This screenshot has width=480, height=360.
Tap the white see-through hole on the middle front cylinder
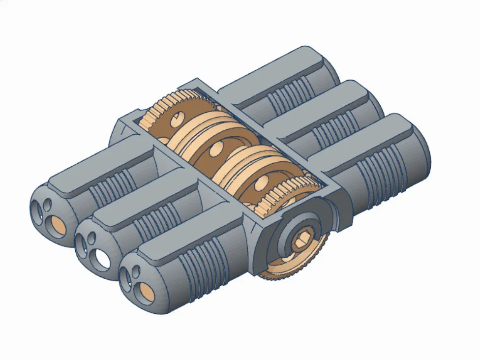click(x=103, y=257)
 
